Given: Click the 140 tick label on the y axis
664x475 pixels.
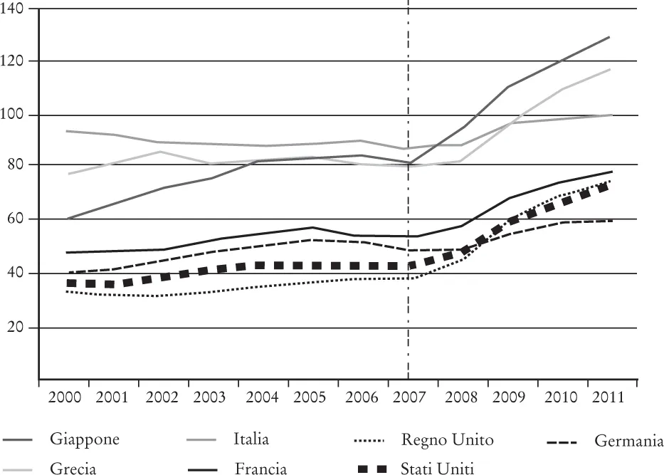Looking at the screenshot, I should click(14, 9).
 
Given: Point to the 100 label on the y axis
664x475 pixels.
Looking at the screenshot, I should click(14, 115).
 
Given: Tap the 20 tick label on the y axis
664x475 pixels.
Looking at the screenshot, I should click(16, 328).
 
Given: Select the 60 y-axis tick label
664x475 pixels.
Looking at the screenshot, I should click(16, 219).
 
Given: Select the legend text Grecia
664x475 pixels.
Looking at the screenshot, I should click(73, 468).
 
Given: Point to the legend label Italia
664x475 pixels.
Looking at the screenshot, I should click(251, 439).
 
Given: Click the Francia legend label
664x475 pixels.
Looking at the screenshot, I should click(260, 468).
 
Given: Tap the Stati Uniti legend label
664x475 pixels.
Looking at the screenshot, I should click(437, 468).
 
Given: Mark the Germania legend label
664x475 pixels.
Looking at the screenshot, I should click(628, 442).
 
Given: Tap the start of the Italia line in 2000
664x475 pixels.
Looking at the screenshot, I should click(67, 131).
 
